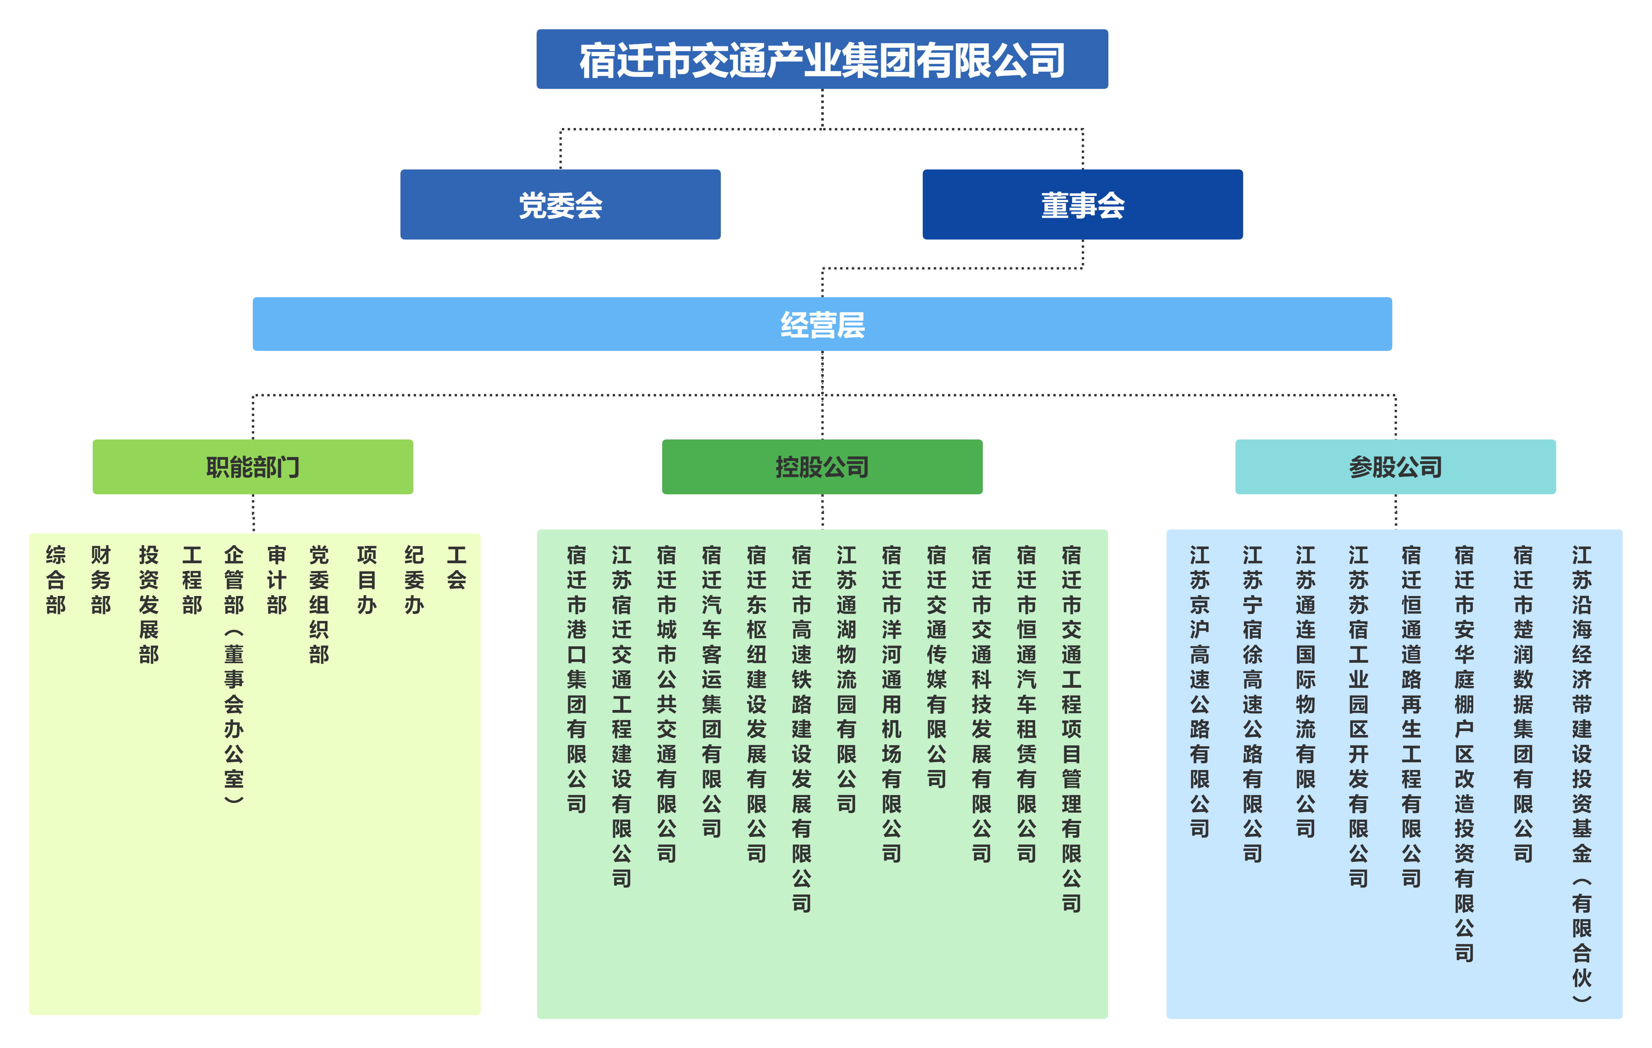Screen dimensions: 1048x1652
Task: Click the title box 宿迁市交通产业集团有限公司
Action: [x=822, y=60]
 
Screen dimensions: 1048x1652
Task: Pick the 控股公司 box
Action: [x=822, y=467]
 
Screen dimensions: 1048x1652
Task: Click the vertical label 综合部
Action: [x=55, y=580]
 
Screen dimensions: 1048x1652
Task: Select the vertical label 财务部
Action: [x=101, y=580]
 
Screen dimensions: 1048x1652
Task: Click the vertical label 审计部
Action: [x=276, y=580]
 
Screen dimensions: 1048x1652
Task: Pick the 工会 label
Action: [x=456, y=568]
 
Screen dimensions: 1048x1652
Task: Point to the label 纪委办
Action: [x=414, y=580]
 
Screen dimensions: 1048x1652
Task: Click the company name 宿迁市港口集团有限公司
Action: [x=576, y=680]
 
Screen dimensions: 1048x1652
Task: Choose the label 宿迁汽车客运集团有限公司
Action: [x=711, y=692]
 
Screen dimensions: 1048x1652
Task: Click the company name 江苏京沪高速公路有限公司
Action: [x=1199, y=692]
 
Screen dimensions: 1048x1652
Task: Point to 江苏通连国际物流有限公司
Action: [x=1305, y=692]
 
